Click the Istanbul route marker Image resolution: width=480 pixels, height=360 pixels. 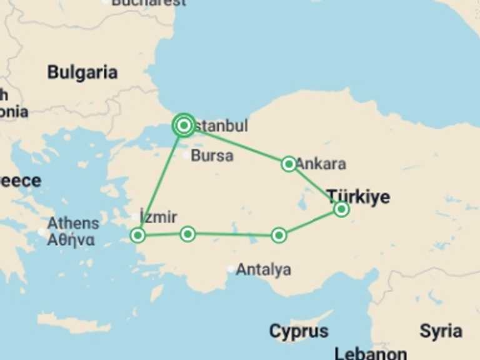pyautogui.click(x=184, y=126)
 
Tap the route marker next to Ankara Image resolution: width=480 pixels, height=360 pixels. pyautogui.click(x=289, y=164)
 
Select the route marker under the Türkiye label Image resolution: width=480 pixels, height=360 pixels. pyautogui.click(x=341, y=209)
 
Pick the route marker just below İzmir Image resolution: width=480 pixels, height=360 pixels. pyautogui.click(x=137, y=235)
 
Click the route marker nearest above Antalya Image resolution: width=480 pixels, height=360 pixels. pyautogui.click(x=279, y=235)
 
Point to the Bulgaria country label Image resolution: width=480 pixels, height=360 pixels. pyautogui.click(x=82, y=72)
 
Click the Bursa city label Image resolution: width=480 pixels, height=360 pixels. pyautogui.click(x=212, y=156)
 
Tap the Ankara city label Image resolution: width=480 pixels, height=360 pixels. pyautogui.click(x=321, y=164)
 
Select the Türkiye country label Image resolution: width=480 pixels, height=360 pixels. pyautogui.click(x=358, y=197)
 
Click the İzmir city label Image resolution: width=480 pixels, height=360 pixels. pyautogui.click(x=159, y=217)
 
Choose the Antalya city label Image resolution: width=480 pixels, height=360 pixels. pyautogui.click(x=263, y=270)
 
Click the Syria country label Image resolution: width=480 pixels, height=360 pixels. pyautogui.click(x=441, y=331)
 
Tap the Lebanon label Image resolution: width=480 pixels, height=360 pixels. pyautogui.click(x=371, y=353)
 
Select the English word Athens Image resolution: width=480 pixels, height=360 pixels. pyautogui.click(x=73, y=223)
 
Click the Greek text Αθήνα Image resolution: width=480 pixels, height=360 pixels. pyautogui.click(x=71, y=239)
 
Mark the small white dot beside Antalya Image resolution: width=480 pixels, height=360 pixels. pyautogui.click(x=231, y=269)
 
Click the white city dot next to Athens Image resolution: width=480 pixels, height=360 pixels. pyautogui.click(x=42, y=232)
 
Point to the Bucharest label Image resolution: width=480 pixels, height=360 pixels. pyautogui.click(x=149, y=2)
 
